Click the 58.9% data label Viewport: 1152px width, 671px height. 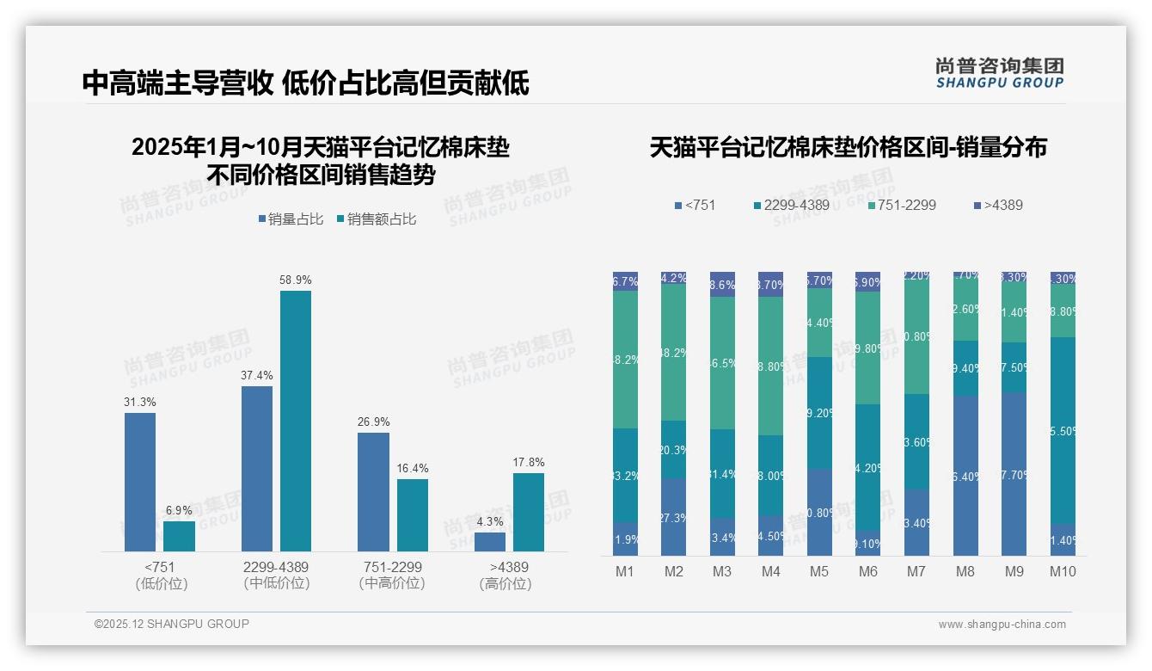(295, 280)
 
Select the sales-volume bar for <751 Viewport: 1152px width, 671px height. (140, 482)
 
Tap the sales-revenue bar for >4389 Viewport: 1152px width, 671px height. (528, 512)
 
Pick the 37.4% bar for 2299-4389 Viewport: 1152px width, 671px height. (257, 469)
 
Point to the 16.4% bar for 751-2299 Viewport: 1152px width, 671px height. (413, 514)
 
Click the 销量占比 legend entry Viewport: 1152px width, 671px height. (291, 219)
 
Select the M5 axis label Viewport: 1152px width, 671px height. (819, 571)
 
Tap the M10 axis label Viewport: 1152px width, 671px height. (1063, 571)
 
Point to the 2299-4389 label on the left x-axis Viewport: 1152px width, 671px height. (275, 567)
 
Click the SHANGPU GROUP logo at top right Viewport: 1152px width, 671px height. (999, 72)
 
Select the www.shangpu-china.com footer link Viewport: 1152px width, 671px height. (1002, 625)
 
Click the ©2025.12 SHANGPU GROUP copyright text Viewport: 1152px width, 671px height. (171, 624)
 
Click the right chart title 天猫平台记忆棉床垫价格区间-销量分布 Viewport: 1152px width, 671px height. (848, 147)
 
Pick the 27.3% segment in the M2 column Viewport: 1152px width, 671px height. (673, 517)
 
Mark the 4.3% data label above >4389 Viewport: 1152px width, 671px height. (489, 521)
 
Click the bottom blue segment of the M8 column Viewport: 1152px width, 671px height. (965, 476)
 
